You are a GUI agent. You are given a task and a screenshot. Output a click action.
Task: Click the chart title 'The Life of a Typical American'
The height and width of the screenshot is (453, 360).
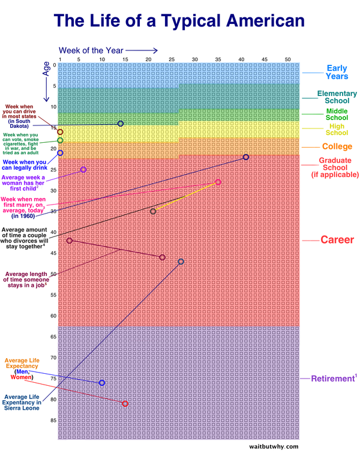180,22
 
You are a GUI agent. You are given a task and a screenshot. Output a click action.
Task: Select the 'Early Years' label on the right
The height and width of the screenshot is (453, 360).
337,72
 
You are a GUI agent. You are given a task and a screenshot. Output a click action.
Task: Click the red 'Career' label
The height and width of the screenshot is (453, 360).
337,240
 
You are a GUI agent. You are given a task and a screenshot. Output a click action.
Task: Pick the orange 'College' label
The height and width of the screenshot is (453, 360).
337,146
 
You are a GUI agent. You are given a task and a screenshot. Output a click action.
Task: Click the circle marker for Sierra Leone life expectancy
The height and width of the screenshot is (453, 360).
181,262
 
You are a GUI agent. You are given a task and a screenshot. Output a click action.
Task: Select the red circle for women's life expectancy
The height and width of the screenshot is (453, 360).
125,404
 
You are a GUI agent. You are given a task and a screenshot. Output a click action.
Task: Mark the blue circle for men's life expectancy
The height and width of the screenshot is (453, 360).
101,383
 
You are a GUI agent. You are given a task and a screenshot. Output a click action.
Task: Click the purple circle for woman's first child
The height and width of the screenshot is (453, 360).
83,170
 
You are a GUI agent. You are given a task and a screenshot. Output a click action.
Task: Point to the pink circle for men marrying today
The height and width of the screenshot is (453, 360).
218,182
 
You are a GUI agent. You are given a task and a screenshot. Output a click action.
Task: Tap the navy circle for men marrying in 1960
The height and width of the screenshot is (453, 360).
246,157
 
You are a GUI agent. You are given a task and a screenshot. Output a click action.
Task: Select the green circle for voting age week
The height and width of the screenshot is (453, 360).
60,140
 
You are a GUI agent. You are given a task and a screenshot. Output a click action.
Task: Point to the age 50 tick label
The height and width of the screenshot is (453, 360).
53,274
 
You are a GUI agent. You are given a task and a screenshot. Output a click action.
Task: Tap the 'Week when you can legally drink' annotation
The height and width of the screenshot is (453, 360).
25,165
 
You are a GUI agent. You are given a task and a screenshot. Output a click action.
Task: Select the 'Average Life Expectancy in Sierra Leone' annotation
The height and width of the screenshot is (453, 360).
23,402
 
